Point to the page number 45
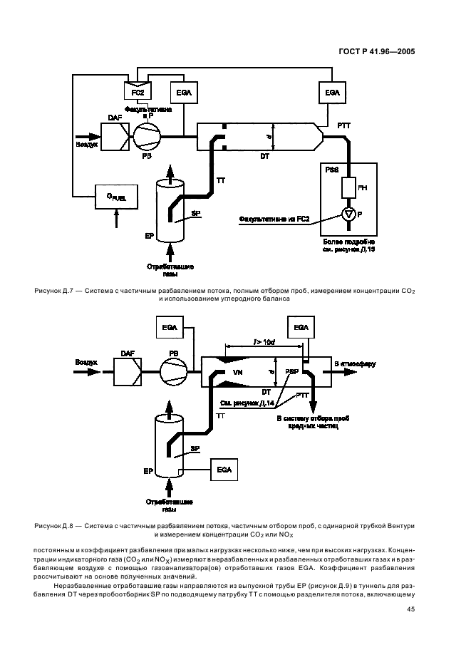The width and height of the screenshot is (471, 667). (411, 609)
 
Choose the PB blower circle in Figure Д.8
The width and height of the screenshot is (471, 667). (173, 371)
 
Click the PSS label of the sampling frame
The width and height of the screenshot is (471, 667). (332, 171)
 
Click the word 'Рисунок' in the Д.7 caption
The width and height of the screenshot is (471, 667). (49, 291)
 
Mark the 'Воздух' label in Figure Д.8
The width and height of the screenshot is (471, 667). (86, 362)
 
